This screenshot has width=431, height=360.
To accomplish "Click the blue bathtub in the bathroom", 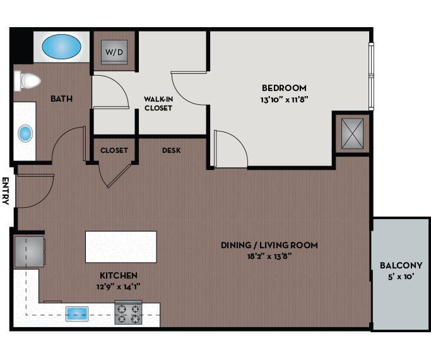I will pyautogui.click(x=61, y=46).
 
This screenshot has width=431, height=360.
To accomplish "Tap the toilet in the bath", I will pyautogui.click(x=27, y=81).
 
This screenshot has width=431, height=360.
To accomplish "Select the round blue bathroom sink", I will pyautogui.click(x=25, y=133).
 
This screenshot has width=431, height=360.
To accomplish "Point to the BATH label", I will pyautogui.click(x=61, y=99).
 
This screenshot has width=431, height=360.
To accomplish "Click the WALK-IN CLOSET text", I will pyautogui.click(x=158, y=104).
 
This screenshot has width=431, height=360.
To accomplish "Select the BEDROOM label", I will pyautogui.click(x=284, y=88).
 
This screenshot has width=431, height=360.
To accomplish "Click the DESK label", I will pyautogui.click(x=172, y=150).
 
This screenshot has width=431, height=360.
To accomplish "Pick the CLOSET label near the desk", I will pyautogui.click(x=114, y=150).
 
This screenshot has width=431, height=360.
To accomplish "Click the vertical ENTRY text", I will pyautogui.click(x=6, y=191).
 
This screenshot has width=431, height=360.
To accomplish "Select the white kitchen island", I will pyautogui.click(x=121, y=246).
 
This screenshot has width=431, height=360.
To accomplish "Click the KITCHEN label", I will pyautogui.click(x=119, y=275).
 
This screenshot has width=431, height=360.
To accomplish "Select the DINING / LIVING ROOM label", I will pyautogui.click(x=269, y=245).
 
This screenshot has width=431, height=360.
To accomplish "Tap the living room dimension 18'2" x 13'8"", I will pyautogui.click(x=269, y=256).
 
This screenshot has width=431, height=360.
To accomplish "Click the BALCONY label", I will pyautogui.click(x=401, y=265).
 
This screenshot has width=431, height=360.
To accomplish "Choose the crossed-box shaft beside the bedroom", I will pyautogui.click(x=351, y=133).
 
